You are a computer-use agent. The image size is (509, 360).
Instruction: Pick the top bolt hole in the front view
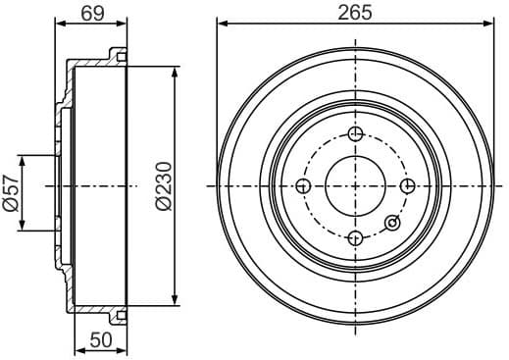356,134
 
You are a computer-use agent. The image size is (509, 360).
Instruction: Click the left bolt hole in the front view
304,185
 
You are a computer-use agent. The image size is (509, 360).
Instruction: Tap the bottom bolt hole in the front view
356,237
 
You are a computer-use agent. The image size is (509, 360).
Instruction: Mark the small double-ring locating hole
393,223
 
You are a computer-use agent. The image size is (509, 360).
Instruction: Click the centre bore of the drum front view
356,185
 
